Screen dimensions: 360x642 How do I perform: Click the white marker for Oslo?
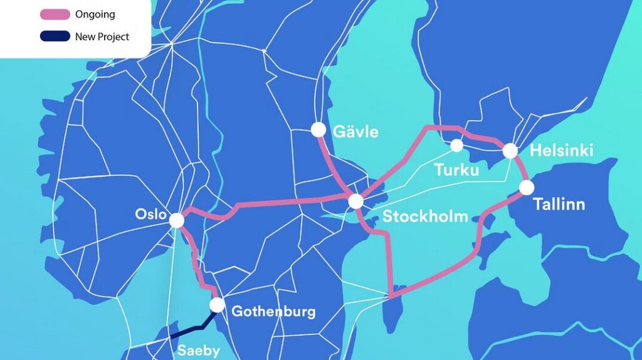[177, 220]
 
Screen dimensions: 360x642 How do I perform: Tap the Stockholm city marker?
[355, 201]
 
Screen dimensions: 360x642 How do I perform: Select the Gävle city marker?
[318, 130]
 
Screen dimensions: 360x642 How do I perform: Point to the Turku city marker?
[457, 146]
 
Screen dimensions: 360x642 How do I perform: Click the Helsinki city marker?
[510, 151]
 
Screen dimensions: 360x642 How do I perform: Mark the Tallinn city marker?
[526, 188]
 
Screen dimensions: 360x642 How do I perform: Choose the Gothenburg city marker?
[217, 305]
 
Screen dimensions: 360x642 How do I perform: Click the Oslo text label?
[150, 214]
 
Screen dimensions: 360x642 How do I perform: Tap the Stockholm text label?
[425, 217]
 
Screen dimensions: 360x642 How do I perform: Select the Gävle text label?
[356, 132]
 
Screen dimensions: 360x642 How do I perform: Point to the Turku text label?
[456, 170]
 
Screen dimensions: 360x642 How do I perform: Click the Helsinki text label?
[561, 151]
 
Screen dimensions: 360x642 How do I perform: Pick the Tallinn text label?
[559, 204]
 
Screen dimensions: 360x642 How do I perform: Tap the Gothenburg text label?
[273, 311]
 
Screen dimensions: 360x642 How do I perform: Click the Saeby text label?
[199, 350]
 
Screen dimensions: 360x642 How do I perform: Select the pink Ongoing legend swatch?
[55, 14]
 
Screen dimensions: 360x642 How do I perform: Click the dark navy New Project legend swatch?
[55, 36]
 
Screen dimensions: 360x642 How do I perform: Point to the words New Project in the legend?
[102, 36]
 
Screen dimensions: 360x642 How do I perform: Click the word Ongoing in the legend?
[95, 14]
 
